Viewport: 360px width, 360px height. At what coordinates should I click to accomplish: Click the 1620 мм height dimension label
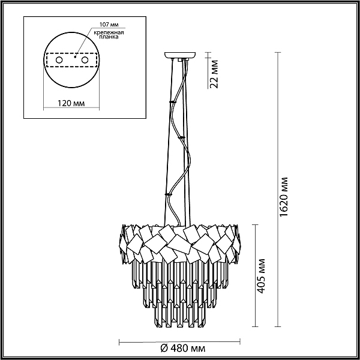(x=284, y=197)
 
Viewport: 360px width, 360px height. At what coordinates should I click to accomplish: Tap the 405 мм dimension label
(x=261, y=276)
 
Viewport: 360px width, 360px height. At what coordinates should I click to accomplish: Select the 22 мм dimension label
(x=214, y=74)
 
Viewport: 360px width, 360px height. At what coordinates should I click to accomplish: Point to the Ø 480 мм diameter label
(x=182, y=349)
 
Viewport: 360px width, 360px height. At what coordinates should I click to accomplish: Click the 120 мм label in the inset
(x=71, y=103)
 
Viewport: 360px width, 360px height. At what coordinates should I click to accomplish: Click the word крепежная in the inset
(x=109, y=32)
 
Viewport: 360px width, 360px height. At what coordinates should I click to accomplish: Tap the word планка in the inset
(x=109, y=37)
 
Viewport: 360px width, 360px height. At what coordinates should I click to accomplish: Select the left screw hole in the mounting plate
(x=59, y=60)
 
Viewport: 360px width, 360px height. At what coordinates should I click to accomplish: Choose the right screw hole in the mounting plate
(x=85, y=60)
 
